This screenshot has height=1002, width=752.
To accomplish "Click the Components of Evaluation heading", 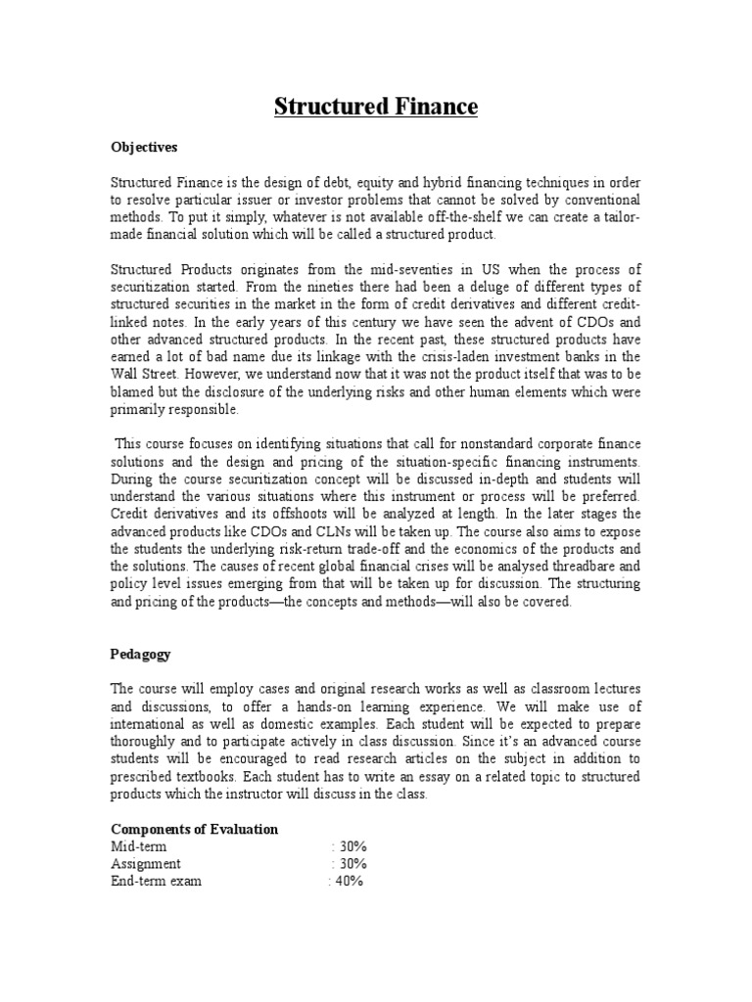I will coord(194,829).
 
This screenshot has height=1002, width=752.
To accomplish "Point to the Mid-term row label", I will coord(138,846).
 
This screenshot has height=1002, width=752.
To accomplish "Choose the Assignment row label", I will coord(145,864).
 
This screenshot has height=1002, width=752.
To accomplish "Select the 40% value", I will coord(348,882).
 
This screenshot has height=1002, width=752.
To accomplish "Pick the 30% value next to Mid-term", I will coord(351,846).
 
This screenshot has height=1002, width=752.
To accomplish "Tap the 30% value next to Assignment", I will coord(351,864).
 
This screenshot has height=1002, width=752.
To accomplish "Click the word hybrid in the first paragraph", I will coord(424,182).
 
